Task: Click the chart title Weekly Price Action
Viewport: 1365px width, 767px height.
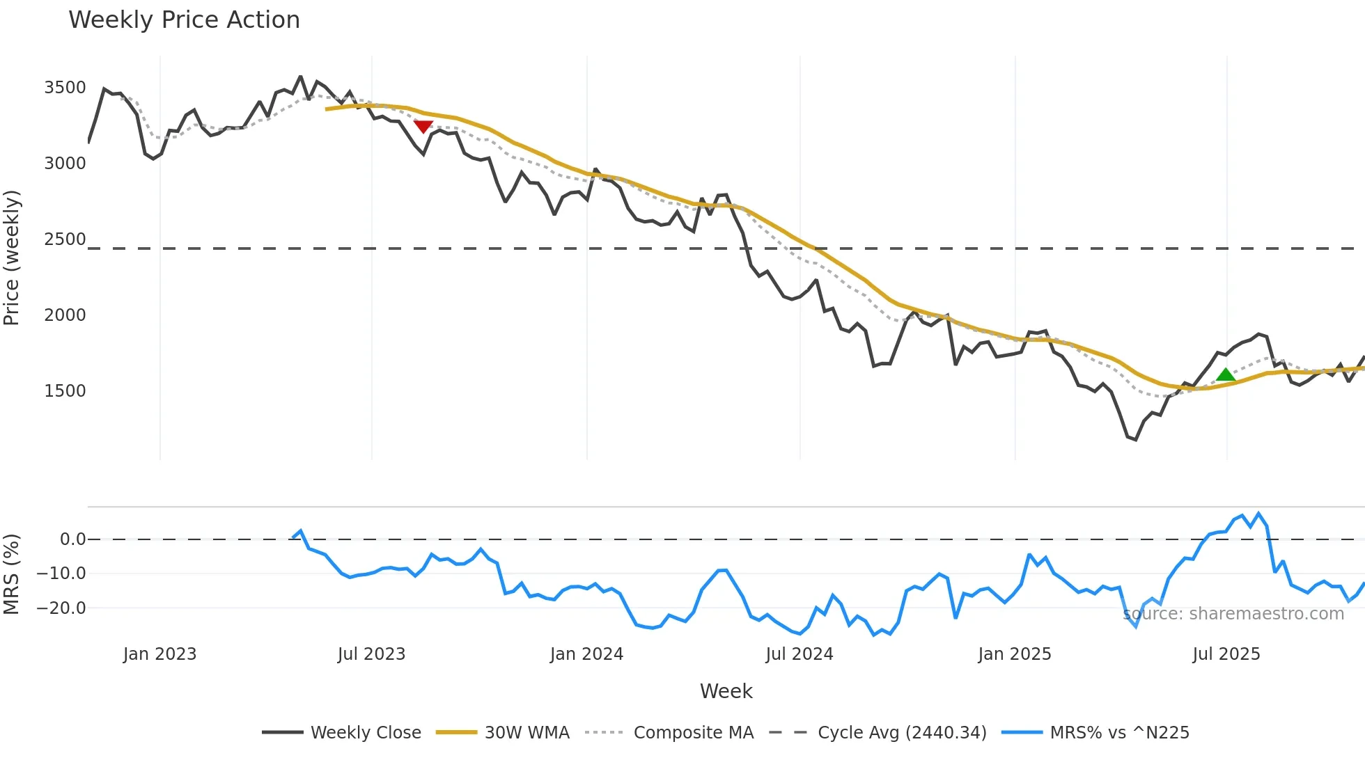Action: (x=184, y=20)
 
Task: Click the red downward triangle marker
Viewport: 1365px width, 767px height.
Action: (x=423, y=127)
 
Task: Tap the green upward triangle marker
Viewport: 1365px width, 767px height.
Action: (x=1225, y=374)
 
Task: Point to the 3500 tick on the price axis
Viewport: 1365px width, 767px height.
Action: (x=65, y=88)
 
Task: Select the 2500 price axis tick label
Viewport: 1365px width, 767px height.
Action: (x=65, y=239)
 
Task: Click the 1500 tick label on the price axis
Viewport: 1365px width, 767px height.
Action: (x=65, y=391)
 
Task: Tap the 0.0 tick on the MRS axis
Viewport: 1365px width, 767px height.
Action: (x=72, y=539)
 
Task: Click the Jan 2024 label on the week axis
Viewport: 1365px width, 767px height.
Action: (x=586, y=654)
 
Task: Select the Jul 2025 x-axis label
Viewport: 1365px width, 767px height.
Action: (x=1226, y=654)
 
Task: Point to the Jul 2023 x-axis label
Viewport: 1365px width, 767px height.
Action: (x=371, y=654)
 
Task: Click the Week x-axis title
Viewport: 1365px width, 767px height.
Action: (x=726, y=691)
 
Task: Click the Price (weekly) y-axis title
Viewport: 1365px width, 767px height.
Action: (x=12, y=258)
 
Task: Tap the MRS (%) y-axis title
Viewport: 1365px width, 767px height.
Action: (x=12, y=574)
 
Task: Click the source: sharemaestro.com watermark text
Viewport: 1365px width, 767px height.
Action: (x=1233, y=614)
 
